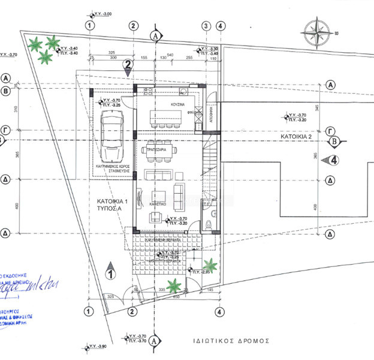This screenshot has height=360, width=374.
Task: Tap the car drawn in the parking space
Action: (112, 130)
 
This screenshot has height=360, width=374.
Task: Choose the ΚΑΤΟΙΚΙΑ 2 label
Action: (297, 137)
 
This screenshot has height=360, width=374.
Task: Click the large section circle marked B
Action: (335, 142)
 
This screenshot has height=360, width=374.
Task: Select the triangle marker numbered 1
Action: (110, 272)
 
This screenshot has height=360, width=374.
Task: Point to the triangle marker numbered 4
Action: (331, 160)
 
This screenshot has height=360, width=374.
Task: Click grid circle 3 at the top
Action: (206, 26)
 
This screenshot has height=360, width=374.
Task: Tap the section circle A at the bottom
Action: (155, 340)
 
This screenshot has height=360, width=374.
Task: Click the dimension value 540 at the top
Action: (170, 55)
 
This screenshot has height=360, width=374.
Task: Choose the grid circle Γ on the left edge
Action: (6, 129)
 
